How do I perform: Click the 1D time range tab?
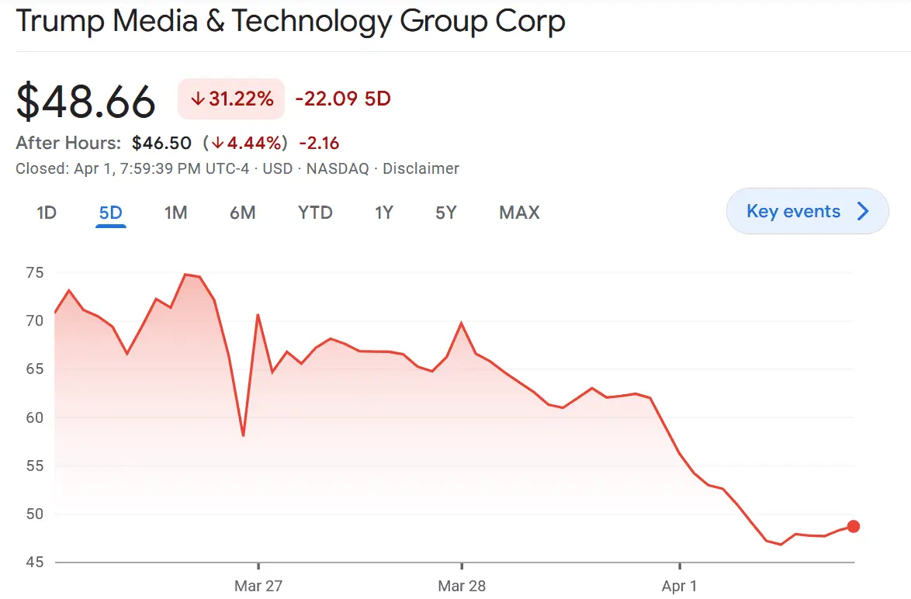pyautogui.click(x=47, y=213)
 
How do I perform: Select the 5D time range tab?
pyautogui.click(x=111, y=213)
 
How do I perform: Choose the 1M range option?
pyautogui.click(x=176, y=213)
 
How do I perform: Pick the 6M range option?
pyautogui.click(x=243, y=213)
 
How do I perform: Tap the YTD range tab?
pyautogui.click(x=315, y=213)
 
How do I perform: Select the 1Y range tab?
pyautogui.click(x=384, y=213)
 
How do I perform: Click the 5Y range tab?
pyautogui.click(x=446, y=213)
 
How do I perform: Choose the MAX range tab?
pyautogui.click(x=519, y=213)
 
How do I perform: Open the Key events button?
pyautogui.click(x=807, y=211)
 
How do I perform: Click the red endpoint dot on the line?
pyautogui.click(x=854, y=526)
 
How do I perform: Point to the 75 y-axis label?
pyautogui.click(x=34, y=272)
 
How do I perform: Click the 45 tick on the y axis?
pyautogui.click(x=34, y=563)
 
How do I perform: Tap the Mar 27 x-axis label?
pyautogui.click(x=258, y=586)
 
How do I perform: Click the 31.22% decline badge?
pyautogui.click(x=231, y=99)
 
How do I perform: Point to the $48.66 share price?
pyautogui.click(x=86, y=102)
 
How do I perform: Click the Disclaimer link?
pyautogui.click(x=421, y=168)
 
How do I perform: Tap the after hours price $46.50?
pyautogui.click(x=161, y=143)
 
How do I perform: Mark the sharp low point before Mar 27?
pyautogui.click(x=244, y=435)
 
